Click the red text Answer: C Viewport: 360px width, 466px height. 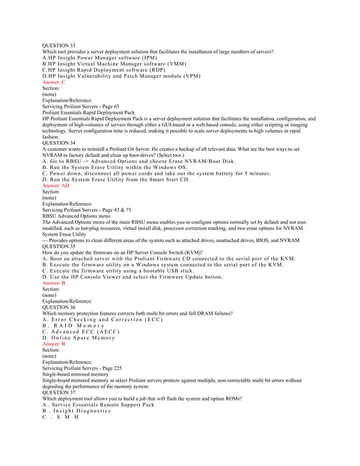54,82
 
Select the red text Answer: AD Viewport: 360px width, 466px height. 56,185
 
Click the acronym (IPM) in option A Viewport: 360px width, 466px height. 147,58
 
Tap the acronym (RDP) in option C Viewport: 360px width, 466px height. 157,70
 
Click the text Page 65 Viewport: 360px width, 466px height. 109,106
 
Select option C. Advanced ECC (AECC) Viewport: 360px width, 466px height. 79,331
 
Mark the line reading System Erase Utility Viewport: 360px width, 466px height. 64,234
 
